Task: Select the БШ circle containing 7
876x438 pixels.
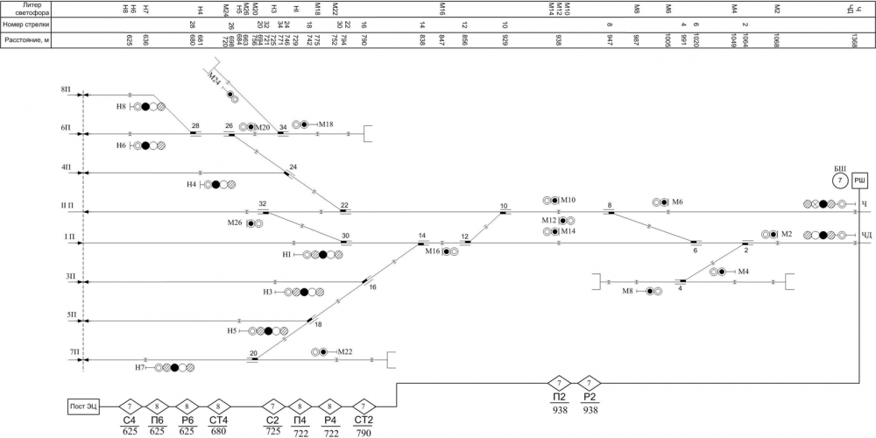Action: click(x=839, y=180)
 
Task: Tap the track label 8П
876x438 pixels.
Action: click(x=65, y=90)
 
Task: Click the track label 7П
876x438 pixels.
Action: click(x=65, y=351)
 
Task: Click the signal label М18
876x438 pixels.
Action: click(x=326, y=124)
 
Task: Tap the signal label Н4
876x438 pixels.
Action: click(x=192, y=185)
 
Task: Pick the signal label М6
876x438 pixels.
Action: click(x=677, y=202)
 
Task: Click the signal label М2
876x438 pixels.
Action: click(x=786, y=234)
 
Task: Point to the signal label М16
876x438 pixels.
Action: click(x=432, y=251)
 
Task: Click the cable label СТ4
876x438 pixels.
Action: click(x=219, y=420)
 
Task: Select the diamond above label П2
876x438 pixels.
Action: click(x=560, y=383)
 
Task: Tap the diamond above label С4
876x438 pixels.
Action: click(x=130, y=406)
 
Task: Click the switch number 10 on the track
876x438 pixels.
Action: click(x=504, y=207)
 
